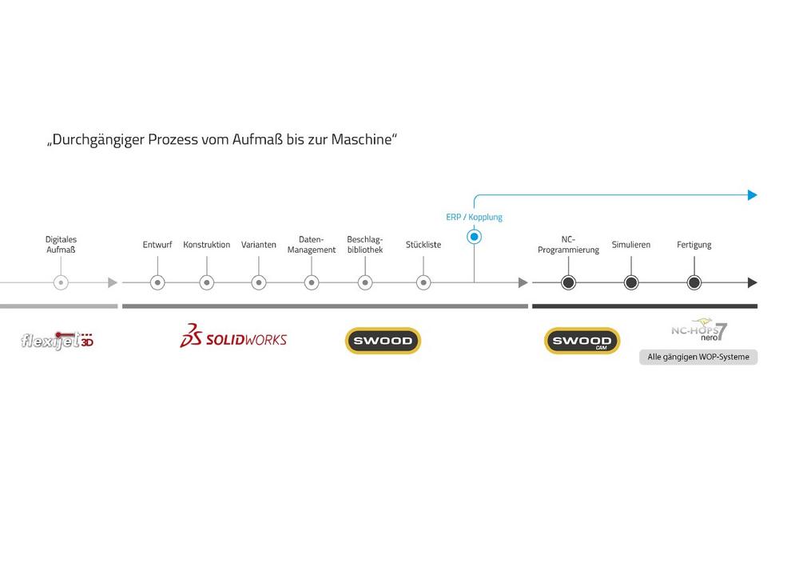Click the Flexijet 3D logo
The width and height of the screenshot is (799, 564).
pyautogui.click(x=58, y=340)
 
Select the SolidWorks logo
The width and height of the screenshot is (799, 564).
pyautogui.click(x=233, y=338)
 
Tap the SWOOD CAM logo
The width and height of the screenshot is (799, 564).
pyautogui.click(x=582, y=341)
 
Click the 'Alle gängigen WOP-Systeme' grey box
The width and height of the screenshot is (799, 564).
pyautogui.click(x=698, y=357)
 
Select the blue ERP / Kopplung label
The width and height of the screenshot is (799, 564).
pyautogui.click(x=474, y=217)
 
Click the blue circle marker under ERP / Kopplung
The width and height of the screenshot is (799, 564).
pyautogui.click(x=474, y=237)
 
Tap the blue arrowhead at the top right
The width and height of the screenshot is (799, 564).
pyautogui.click(x=752, y=194)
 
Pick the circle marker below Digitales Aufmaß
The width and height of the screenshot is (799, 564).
pyautogui.click(x=61, y=282)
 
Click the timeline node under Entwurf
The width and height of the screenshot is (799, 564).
pyautogui.click(x=157, y=282)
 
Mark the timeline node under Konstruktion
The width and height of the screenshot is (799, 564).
pyautogui.click(x=206, y=282)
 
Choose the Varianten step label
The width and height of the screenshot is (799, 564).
pyautogui.click(x=259, y=245)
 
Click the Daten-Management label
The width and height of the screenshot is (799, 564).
pyautogui.click(x=312, y=244)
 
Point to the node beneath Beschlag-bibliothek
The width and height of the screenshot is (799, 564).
pyautogui.click(x=364, y=282)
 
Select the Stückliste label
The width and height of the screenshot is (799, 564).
pyautogui.click(x=423, y=245)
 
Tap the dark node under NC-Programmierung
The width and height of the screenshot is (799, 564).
pyautogui.click(x=568, y=282)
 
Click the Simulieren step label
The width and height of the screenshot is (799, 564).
pyautogui.click(x=631, y=245)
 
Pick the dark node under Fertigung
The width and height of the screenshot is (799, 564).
pyautogui.click(x=694, y=282)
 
